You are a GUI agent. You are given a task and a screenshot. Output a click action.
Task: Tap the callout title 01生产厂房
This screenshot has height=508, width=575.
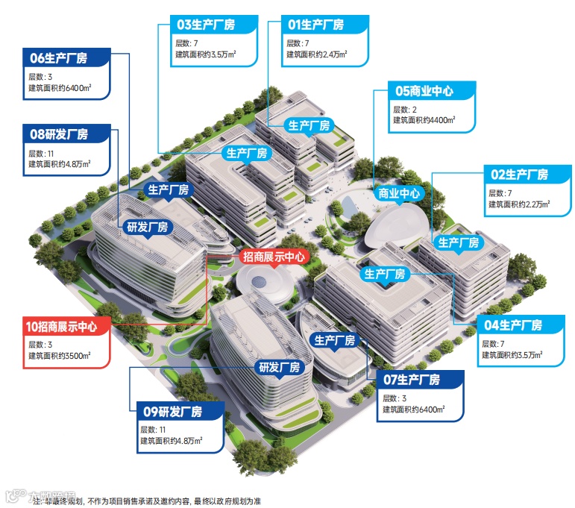(x=316, y=25)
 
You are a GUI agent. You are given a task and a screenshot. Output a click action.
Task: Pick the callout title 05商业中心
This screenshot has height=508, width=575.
(x=424, y=91)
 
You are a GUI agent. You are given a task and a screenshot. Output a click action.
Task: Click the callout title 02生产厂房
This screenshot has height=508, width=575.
(x=520, y=175)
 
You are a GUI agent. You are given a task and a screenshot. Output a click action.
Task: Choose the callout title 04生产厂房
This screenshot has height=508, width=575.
(x=514, y=325)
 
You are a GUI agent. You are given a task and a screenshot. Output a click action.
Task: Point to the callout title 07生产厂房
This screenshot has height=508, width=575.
(x=412, y=380)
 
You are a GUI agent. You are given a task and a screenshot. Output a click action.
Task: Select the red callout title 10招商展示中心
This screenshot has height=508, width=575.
(x=66, y=326)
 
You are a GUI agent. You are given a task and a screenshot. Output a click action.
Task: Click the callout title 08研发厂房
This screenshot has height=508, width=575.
(x=60, y=135)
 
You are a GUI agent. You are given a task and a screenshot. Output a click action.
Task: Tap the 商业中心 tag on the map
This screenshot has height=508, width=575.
(x=400, y=194)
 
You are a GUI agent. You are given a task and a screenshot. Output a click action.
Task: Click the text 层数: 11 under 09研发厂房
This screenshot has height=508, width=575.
(x=153, y=428)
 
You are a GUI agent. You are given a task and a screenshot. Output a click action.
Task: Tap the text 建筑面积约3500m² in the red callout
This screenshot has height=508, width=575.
(x=59, y=356)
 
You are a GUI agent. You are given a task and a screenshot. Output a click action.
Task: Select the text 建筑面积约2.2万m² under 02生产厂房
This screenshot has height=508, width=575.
(x=519, y=204)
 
